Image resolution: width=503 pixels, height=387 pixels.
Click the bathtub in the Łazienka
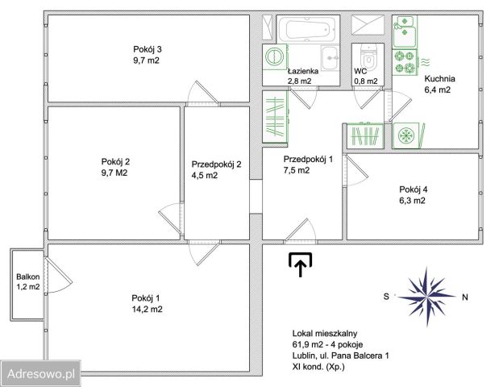tap(308, 29)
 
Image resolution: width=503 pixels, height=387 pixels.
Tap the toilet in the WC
tap(368, 56)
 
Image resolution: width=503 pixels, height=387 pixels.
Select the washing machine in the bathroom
tap(275, 56)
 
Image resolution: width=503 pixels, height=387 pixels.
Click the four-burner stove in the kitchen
tap(405, 62)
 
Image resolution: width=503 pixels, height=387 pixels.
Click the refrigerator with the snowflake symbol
tap(407, 135)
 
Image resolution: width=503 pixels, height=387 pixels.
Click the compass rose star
tap(426, 297)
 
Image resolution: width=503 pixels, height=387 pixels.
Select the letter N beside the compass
tap(465, 298)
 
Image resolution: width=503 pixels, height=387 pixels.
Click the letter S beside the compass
tap(386, 297)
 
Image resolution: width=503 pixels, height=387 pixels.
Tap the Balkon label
tap(28, 277)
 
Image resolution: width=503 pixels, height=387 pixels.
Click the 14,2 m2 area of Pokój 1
tap(147, 310)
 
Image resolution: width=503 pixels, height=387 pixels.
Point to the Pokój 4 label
tap(414, 189)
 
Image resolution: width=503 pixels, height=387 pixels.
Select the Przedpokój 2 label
tap(216, 164)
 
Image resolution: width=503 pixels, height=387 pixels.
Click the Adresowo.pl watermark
tap(41, 374)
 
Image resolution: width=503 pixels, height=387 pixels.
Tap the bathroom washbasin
tap(330, 58)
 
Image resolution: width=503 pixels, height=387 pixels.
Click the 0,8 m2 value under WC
tap(366, 81)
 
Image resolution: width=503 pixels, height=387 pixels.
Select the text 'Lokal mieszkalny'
tap(325, 334)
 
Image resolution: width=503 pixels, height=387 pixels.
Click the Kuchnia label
tap(439, 79)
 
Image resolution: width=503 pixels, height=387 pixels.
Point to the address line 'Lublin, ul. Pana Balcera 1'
tap(341, 356)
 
